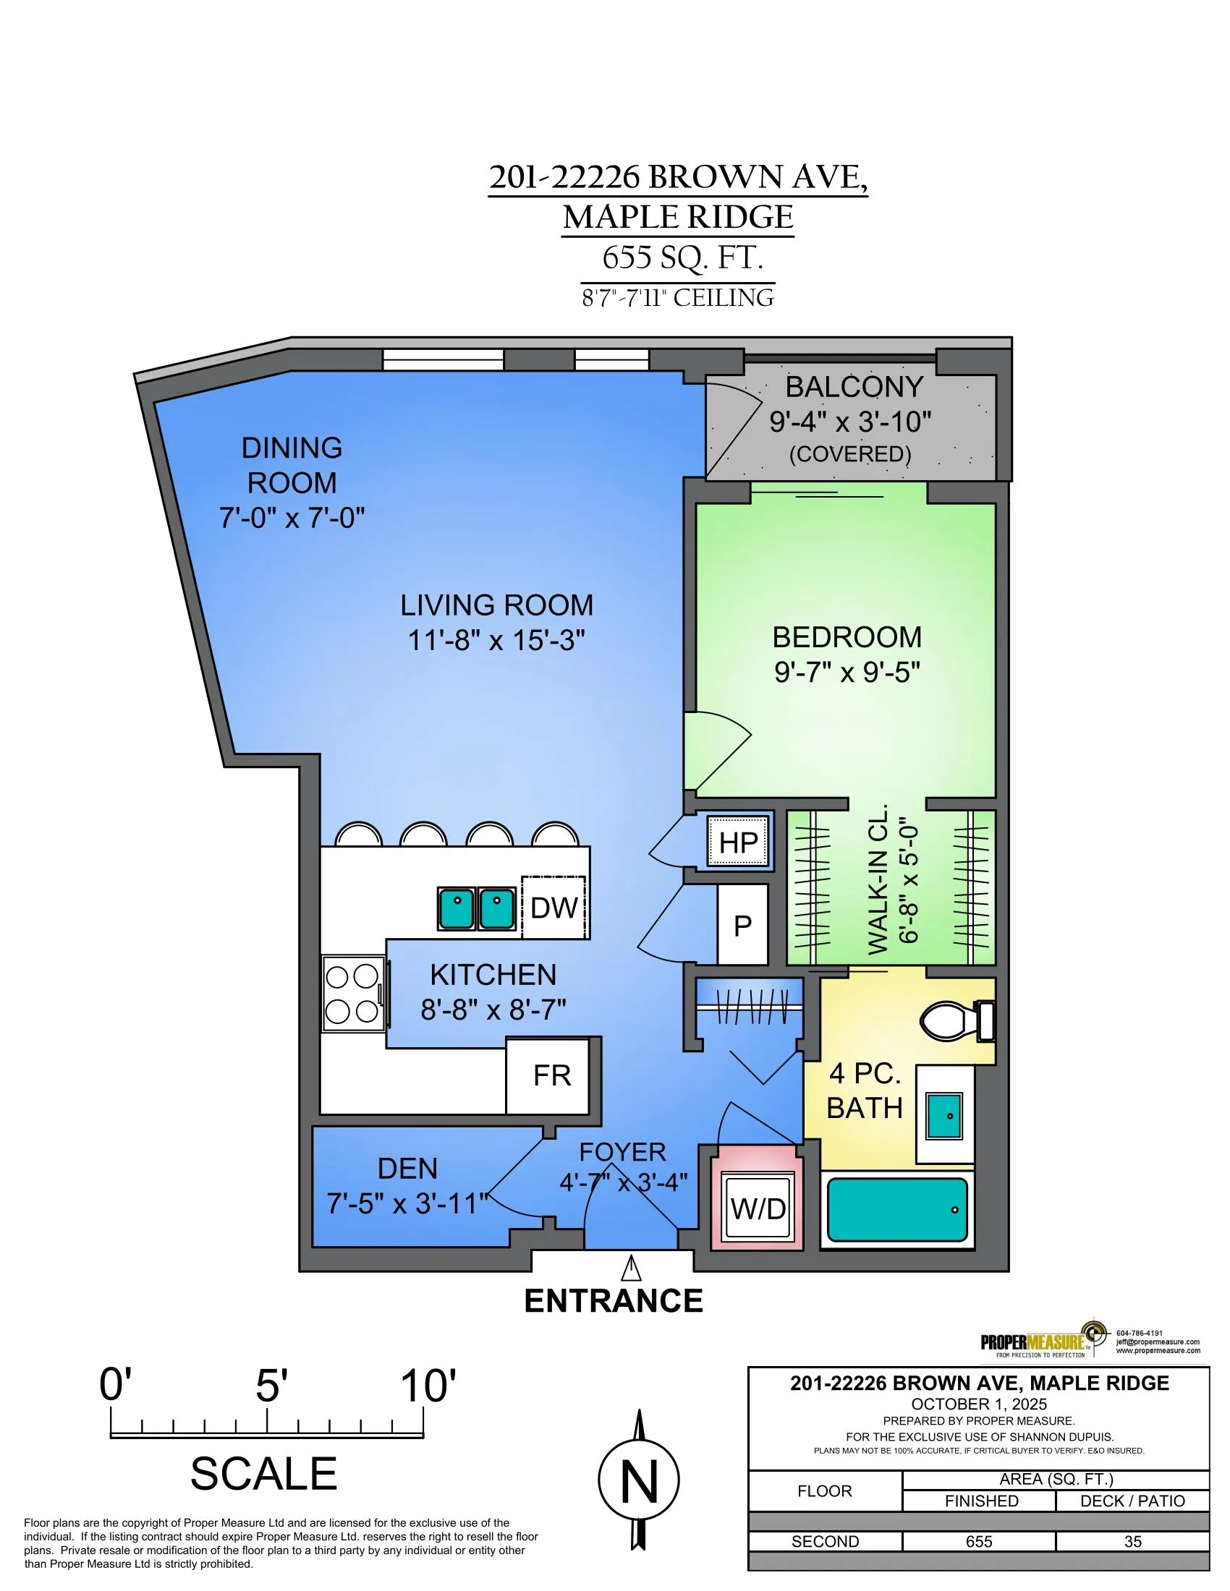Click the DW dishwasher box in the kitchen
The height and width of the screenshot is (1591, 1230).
tap(553, 907)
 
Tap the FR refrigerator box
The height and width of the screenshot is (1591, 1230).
tap(547, 1075)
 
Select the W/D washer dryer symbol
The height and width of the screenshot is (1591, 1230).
tap(758, 1208)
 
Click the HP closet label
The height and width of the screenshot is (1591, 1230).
tap(738, 842)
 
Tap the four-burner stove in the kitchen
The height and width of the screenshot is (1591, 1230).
tap(353, 994)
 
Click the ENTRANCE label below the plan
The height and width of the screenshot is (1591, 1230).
tap(614, 1300)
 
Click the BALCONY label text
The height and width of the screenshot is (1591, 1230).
tap(854, 387)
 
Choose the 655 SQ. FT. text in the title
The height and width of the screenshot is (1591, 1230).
tap(683, 258)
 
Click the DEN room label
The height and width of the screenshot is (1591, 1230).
tap(407, 1169)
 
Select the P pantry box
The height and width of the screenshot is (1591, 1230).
tap(742, 924)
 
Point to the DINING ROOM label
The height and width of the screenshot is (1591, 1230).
tap(292, 466)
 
